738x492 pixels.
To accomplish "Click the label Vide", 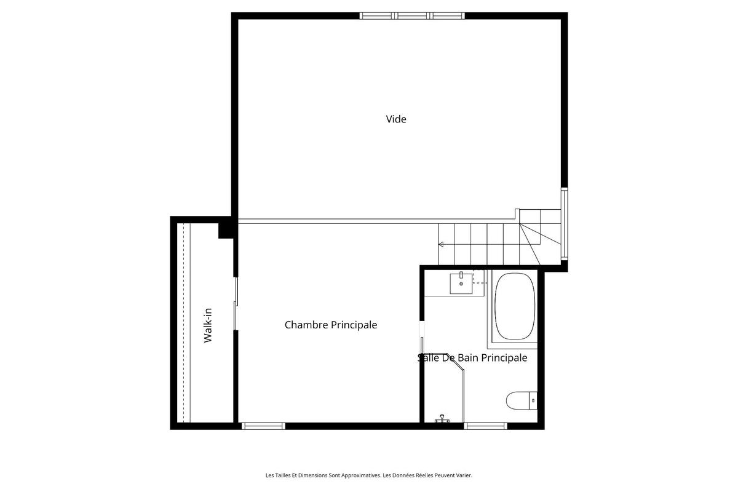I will [396, 119].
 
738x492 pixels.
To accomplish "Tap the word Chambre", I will [306, 324].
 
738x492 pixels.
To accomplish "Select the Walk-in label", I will [208, 326].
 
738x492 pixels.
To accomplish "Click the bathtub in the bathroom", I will [515, 306].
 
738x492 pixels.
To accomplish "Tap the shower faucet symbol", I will [442, 420].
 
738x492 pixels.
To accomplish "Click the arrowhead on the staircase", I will [440, 244].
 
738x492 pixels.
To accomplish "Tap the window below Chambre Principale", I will [263, 426].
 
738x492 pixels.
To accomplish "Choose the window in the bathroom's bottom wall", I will [485, 426].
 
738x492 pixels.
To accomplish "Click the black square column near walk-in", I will [225, 229].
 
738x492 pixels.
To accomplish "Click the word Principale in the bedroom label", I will [354, 324].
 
